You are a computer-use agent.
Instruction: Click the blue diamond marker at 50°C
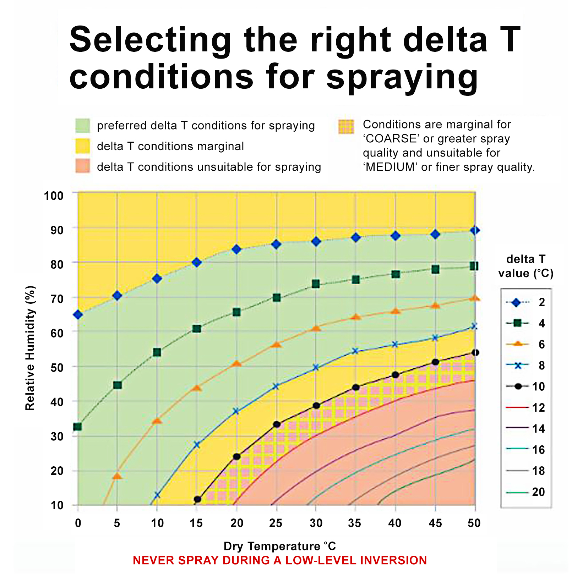(x=475, y=230)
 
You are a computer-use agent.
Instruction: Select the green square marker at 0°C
(x=77, y=426)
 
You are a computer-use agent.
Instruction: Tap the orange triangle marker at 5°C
(x=117, y=476)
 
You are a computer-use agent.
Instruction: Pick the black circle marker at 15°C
(x=197, y=499)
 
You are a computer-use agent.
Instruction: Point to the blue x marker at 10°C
(x=157, y=495)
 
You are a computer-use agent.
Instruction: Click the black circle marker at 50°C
(x=475, y=352)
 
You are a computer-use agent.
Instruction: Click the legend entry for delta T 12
(x=525, y=407)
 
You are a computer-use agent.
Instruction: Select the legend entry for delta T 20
(x=525, y=492)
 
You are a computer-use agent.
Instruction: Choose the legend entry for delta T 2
(x=525, y=302)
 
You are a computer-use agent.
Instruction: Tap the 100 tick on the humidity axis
(x=54, y=196)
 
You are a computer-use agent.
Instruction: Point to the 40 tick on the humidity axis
(x=57, y=402)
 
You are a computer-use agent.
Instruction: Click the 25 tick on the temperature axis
(x=276, y=523)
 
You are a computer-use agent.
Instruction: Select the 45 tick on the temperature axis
(x=435, y=523)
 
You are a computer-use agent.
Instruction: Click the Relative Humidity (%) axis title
(x=30, y=348)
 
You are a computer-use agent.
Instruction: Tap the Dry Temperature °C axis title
(x=279, y=546)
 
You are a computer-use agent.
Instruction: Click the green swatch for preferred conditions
(x=82, y=126)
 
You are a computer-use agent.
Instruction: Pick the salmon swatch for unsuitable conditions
(x=82, y=166)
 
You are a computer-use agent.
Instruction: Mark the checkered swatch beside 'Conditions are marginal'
(x=346, y=127)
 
